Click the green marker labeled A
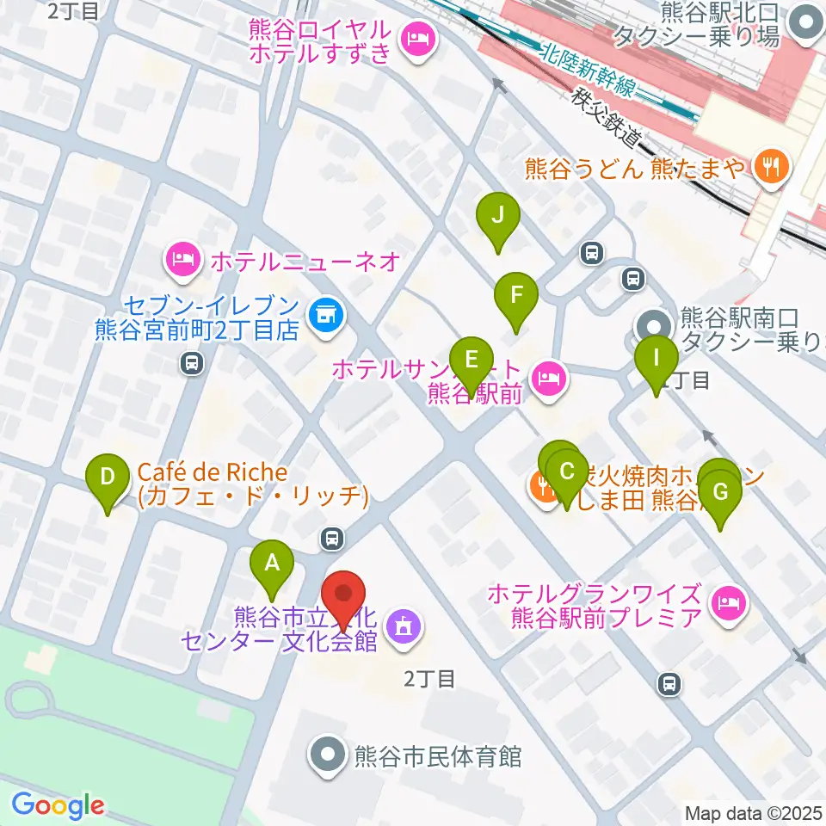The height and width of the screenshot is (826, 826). click(272, 564)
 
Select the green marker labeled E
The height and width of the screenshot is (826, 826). click(470, 358)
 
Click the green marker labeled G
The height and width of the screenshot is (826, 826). click(720, 493)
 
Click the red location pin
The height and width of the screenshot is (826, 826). click(344, 594)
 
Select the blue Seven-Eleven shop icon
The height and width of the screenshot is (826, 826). click(324, 315)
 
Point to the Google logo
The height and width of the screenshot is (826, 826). click(57, 806)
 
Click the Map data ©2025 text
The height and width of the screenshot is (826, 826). click(753, 812)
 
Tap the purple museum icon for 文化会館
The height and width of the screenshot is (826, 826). click(403, 626)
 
